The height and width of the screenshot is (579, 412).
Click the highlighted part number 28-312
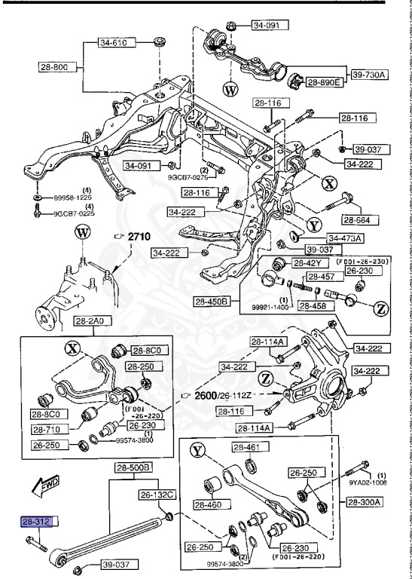35,520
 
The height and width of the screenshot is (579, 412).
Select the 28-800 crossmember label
53,67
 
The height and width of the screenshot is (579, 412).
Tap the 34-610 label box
114,43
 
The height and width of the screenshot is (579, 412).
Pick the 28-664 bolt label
361,219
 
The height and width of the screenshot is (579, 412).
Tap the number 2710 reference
139,237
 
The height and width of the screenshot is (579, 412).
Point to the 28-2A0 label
90,322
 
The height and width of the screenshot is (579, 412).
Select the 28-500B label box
133,467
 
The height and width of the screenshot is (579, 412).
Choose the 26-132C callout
156,495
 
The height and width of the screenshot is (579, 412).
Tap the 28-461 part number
246,448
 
